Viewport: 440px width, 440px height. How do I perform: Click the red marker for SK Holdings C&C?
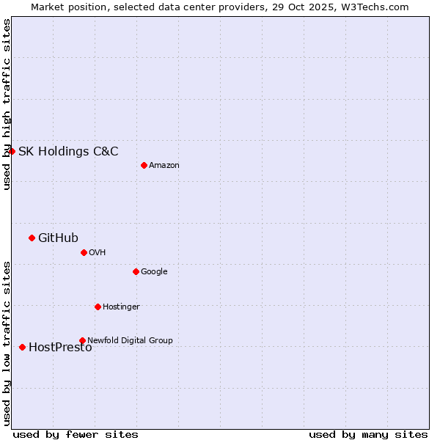point(12,151)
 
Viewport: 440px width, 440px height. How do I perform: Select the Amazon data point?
point(144,165)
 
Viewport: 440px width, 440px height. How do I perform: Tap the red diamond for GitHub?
point(32,238)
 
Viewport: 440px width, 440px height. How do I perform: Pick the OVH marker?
point(84,252)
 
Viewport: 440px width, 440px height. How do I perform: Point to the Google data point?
point(136,271)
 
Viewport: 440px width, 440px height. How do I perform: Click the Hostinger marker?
point(98,307)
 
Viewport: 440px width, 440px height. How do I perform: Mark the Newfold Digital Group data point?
point(82,340)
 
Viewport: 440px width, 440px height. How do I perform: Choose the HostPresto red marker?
point(22,347)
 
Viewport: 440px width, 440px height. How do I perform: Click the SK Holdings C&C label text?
point(68,152)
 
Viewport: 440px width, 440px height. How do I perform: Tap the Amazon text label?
point(164,166)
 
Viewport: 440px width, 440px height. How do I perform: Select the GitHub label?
point(58,238)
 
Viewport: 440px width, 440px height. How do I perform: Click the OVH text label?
point(98,253)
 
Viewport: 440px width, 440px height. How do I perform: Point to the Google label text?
point(154,272)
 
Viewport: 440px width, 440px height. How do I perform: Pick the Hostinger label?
point(121,307)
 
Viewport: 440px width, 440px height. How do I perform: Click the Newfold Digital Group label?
point(130,340)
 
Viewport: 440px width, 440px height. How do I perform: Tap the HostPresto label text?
point(60,348)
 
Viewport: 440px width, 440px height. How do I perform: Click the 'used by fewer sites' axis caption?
point(76,434)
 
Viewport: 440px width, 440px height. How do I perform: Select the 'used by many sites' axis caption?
point(368,434)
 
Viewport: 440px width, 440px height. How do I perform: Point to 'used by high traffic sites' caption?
point(7,104)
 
